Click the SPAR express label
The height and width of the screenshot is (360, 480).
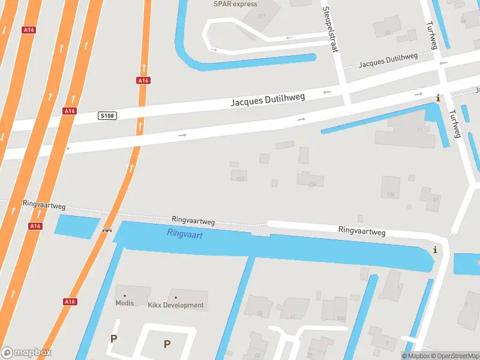(x=235, y=4)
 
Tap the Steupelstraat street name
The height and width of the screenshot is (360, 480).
(x=331, y=29)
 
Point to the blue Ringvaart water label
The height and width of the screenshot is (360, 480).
(x=185, y=235)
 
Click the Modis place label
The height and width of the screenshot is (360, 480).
(x=125, y=303)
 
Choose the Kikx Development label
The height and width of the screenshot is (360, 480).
(x=176, y=305)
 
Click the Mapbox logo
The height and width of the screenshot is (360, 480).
(x=26, y=353)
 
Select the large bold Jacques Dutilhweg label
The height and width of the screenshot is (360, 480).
(x=268, y=100)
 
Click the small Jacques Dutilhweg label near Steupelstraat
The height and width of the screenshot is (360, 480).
(x=388, y=61)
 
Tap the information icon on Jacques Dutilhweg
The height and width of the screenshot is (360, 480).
(x=438, y=98)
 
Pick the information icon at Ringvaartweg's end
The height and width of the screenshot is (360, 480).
(x=435, y=250)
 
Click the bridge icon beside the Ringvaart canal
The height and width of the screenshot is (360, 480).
(x=107, y=229)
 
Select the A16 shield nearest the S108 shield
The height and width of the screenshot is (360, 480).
(x=70, y=111)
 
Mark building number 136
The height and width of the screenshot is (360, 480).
(x=391, y=194)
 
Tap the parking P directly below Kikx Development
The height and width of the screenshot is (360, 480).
(x=167, y=344)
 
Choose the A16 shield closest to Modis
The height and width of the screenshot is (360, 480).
(x=70, y=301)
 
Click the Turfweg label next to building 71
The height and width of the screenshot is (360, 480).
(x=454, y=123)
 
